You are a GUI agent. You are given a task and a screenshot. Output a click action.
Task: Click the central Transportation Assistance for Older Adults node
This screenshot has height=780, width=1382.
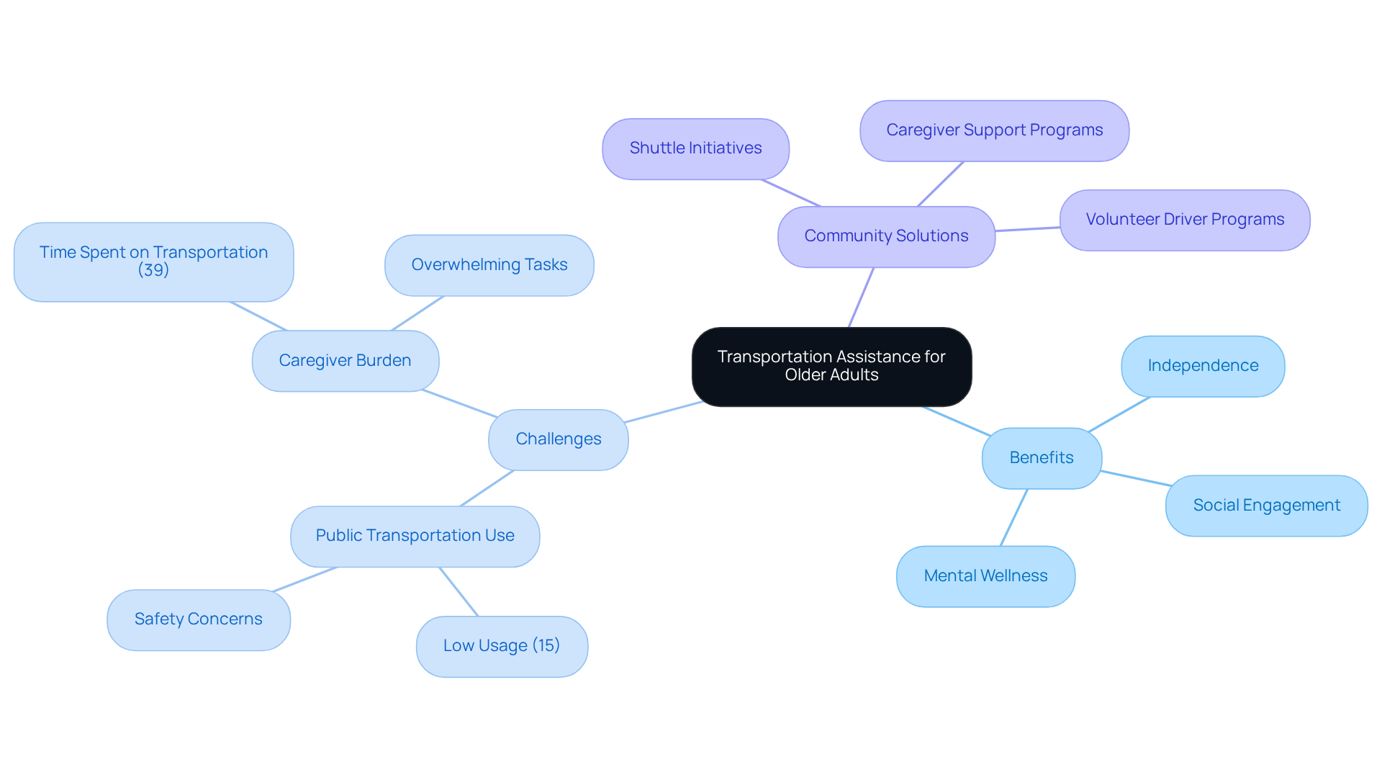click(831, 367)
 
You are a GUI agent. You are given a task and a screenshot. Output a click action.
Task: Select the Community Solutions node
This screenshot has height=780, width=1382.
click(886, 236)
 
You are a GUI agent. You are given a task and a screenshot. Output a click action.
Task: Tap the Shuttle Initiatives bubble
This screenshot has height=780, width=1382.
click(695, 148)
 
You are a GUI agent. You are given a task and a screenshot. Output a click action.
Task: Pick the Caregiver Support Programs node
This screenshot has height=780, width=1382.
click(994, 130)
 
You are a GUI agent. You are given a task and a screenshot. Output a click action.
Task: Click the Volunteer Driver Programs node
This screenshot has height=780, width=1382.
click(1184, 220)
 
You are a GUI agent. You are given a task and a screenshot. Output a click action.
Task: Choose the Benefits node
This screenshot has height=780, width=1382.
click(1041, 458)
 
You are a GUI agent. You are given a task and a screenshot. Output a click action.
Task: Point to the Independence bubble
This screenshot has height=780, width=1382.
click(1203, 366)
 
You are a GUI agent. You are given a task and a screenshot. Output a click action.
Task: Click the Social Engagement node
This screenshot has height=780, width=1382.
click(1266, 506)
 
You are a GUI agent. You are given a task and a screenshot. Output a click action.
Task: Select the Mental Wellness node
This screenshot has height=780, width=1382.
click(985, 576)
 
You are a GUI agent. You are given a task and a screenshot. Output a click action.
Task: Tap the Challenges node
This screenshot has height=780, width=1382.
click(558, 439)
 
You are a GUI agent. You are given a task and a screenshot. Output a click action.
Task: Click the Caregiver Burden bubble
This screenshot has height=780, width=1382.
click(345, 361)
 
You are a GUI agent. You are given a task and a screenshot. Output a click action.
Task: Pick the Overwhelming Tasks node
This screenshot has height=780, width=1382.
click(489, 265)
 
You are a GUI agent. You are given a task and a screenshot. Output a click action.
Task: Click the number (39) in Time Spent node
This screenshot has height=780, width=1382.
click(153, 270)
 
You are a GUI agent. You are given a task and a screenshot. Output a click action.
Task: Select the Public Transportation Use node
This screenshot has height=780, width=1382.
click(415, 536)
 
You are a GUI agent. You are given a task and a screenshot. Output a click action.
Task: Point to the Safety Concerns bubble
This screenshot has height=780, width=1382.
click(198, 619)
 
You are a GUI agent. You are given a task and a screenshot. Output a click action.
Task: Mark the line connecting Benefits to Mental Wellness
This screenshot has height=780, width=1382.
click(1013, 518)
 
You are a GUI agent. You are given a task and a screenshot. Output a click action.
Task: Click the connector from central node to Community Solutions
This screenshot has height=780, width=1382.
click(861, 297)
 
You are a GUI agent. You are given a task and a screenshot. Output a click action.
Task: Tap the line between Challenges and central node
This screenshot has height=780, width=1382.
click(662, 412)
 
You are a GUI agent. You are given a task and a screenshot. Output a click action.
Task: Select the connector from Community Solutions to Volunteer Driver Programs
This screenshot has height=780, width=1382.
click(1027, 229)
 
